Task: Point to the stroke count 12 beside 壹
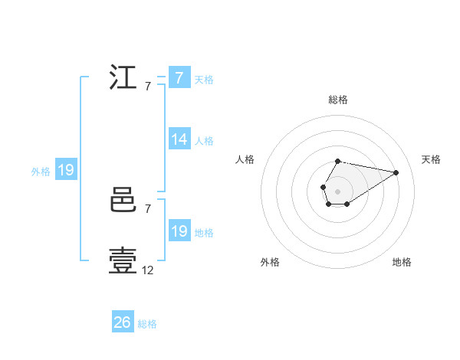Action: pyautogui.click(x=148, y=270)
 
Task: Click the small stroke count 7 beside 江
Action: pyautogui.click(x=147, y=87)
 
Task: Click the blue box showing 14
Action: pyautogui.click(x=179, y=139)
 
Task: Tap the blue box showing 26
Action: pyautogui.click(x=123, y=322)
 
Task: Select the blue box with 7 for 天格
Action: pyautogui.click(x=179, y=78)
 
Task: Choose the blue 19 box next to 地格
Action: pyautogui.click(x=179, y=231)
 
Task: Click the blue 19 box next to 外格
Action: pyautogui.click(x=66, y=170)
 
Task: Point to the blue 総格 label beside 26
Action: pyautogui.click(x=147, y=324)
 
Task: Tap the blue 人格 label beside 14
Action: pyautogui.click(x=204, y=141)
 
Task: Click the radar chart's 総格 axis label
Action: pyautogui.click(x=338, y=100)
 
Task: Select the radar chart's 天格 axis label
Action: pyautogui.click(x=431, y=159)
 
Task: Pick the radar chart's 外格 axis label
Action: pyautogui.click(x=270, y=262)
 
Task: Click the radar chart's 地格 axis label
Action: pyautogui.click(x=402, y=262)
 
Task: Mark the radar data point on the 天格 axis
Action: pyautogui.click(x=396, y=172)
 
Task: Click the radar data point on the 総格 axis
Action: pyautogui.click(x=338, y=161)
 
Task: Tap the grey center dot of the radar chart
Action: pyautogui.click(x=338, y=191)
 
